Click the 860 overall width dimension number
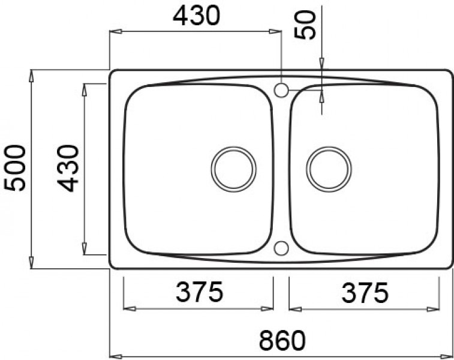pos(282,341)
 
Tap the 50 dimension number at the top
pos(307,25)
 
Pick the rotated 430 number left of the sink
pos(68,168)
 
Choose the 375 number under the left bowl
pos(199,293)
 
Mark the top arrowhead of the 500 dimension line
pos(31,74)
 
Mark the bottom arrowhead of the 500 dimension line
pos(31,264)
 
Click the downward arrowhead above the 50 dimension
pos(321,61)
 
